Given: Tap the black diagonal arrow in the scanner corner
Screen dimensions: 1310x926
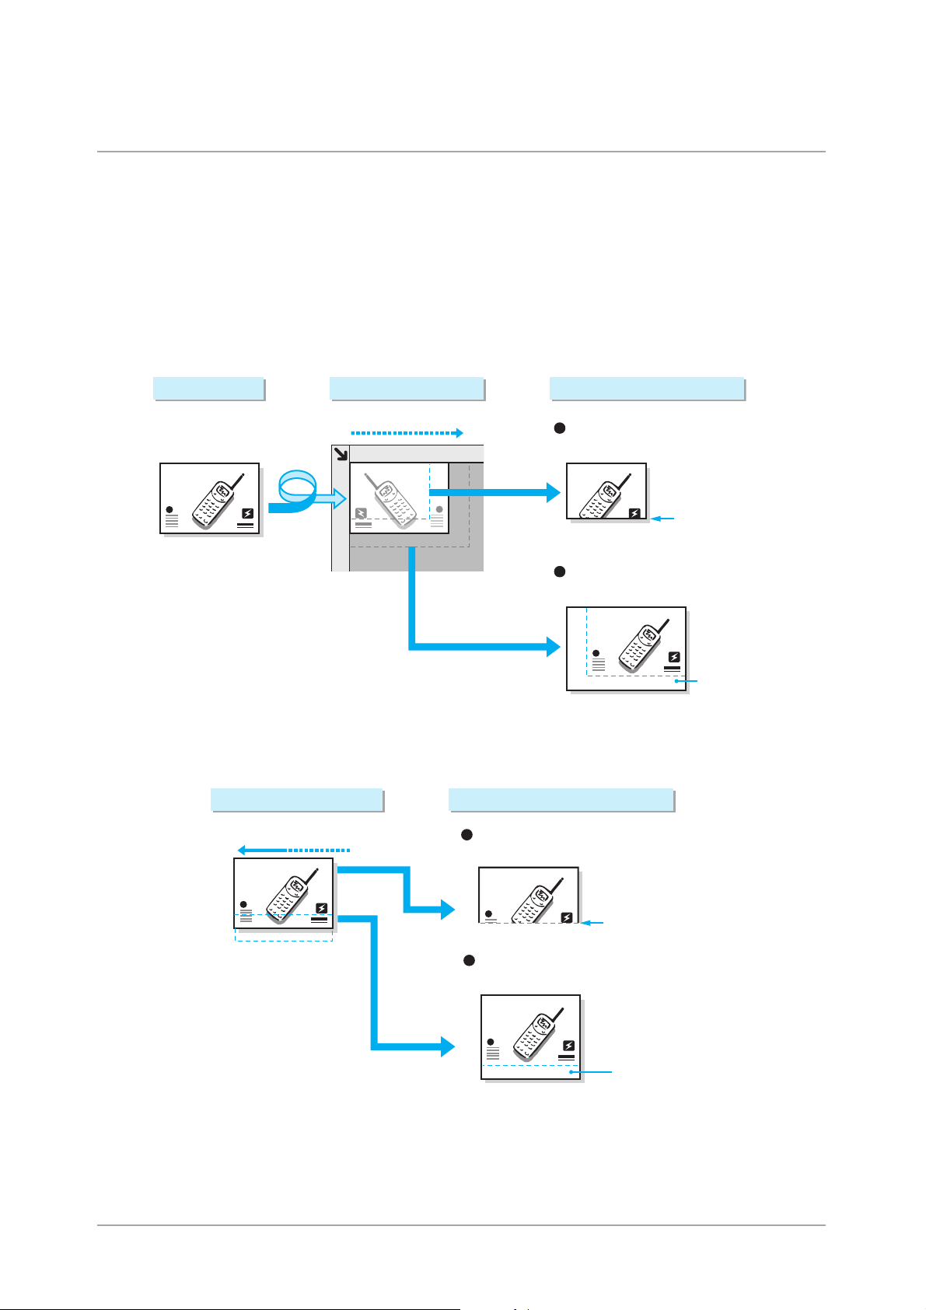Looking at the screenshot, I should (x=341, y=454).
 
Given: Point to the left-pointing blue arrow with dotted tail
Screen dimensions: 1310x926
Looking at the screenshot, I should (x=294, y=850).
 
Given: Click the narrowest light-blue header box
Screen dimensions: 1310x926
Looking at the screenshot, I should (x=209, y=389).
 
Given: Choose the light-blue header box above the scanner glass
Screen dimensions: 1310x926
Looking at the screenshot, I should (x=407, y=389).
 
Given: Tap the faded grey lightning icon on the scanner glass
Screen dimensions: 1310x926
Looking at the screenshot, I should (x=362, y=513).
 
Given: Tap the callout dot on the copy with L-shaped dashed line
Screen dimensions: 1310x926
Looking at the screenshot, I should (x=678, y=681).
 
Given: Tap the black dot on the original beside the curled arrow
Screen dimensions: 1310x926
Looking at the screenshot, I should (x=170, y=510).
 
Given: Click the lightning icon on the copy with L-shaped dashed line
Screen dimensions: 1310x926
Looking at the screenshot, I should (x=674, y=657).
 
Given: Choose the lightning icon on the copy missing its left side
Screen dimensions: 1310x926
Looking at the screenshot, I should (x=635, y=513).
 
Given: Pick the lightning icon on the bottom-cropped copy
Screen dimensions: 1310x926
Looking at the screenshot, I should (x=568, y=917).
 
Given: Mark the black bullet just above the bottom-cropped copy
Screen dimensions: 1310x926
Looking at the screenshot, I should (x=467, y=834).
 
